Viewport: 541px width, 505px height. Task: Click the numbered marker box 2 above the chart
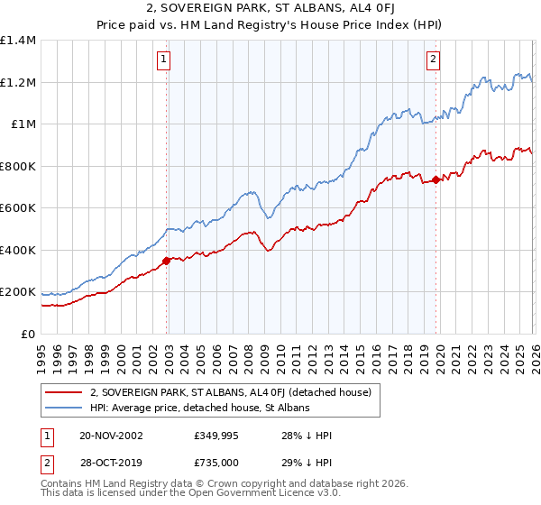click(434, 60)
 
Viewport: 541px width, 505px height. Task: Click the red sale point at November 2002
click(167, 262)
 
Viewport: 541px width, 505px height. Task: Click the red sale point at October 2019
click(436, 180)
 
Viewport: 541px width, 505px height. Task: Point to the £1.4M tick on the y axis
click(18, 41)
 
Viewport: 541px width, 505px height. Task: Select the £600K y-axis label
click(18, 208)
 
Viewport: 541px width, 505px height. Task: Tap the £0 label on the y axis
click(27, 334)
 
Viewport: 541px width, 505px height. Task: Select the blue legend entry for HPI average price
click(200, 408)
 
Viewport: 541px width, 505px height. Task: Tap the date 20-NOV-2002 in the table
click(111, 435)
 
